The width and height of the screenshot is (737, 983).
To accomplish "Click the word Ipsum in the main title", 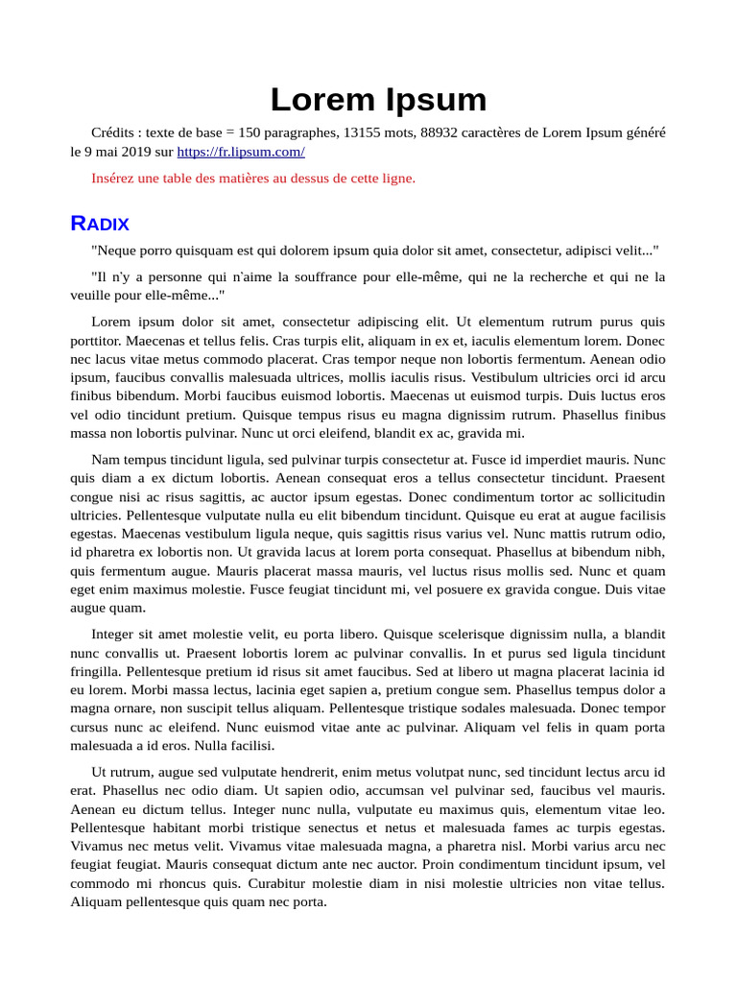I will (437, 100).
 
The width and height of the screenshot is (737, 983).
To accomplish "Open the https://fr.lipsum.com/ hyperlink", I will (241, 152).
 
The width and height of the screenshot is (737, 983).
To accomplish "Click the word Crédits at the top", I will (115, 132).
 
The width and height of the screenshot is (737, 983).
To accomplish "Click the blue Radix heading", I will (100, 224).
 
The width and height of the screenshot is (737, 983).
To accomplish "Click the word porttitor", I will (102, 341).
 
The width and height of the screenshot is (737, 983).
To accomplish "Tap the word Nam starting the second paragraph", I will (105, 460).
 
